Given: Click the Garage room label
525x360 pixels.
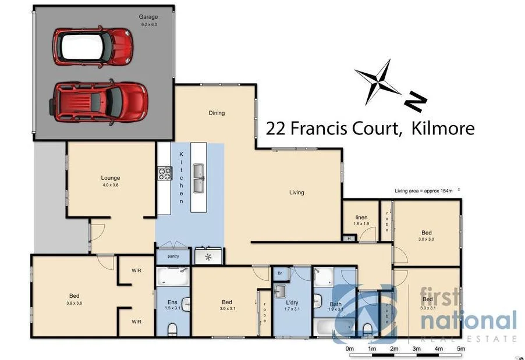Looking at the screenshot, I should click(148, 17).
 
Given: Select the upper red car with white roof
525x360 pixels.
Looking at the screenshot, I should click(93, 46).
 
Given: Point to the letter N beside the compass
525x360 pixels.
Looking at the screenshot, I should click(416, 102).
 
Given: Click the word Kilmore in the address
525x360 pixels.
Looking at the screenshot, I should click(442, 129).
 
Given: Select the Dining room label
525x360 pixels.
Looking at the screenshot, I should click(217, 113).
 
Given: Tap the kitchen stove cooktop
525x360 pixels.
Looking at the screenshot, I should click(165, 173).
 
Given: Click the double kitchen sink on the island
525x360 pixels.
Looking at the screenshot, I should click(198, 178).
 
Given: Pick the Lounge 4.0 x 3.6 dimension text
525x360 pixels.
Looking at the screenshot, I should click(110, 186).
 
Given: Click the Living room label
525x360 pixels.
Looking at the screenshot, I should click(296, 193).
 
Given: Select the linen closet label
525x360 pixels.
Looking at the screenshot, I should click(361, 218).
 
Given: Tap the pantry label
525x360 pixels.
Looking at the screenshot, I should click(173, 256).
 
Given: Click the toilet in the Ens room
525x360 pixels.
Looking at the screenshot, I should click(173, 330).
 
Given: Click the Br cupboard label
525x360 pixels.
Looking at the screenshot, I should click(280, 272).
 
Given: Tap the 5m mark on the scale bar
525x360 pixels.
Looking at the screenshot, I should click(461, 348).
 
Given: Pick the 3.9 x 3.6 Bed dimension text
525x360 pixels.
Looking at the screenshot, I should click(75, 302).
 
